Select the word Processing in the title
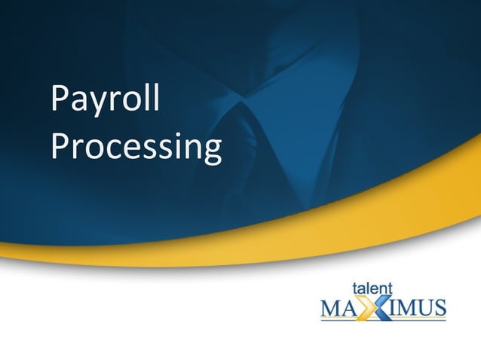pyautogui.click(x=136, y=147)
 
